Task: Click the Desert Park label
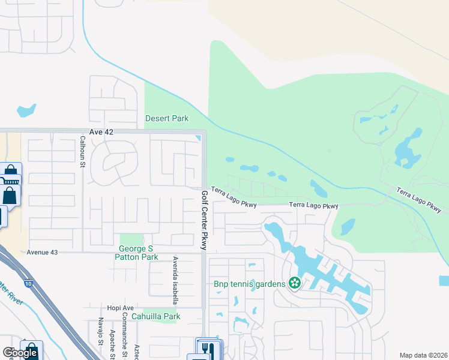(167, 118)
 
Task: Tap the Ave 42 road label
(101, 131)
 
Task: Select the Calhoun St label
(83, 152)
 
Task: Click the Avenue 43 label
(42, 253)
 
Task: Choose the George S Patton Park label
(138, 253)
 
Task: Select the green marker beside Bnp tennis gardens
(294, 282)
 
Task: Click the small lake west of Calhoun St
(26, 110)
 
